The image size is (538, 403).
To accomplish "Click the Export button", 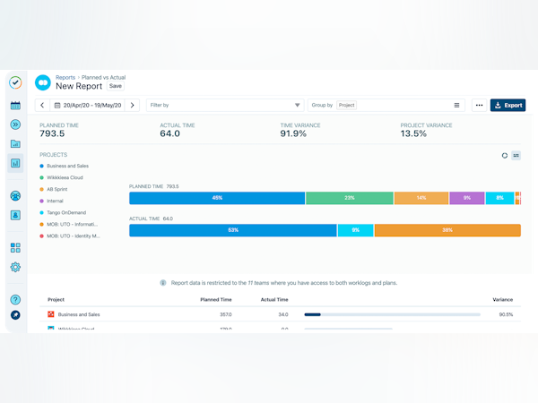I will (508, 105).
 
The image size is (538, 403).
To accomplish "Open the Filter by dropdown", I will (225, 105).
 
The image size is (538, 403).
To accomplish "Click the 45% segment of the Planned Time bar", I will (217, 197).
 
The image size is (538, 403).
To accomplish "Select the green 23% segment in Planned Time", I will (349, 197).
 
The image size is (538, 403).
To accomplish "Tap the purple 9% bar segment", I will (466, 197).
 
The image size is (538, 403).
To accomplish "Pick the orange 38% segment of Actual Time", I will (447, 230).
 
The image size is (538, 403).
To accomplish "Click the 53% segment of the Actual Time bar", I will (233, 230).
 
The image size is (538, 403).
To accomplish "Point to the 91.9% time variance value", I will (294, 133).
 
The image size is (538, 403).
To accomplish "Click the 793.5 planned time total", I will (51, 133).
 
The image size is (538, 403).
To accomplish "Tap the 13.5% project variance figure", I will (413, 133).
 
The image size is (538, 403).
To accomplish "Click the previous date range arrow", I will (43, 105).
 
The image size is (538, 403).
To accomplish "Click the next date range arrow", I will (133, 105).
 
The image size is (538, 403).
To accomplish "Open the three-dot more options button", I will (479, 105).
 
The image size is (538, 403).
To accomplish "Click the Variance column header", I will (503, 299).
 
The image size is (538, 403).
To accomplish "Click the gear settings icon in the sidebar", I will (15, 267).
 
